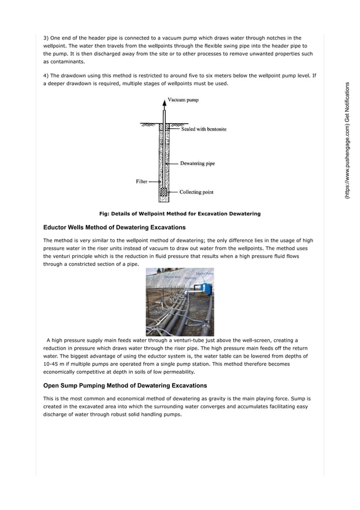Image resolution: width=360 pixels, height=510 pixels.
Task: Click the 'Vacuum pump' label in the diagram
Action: click(x=183, y=100)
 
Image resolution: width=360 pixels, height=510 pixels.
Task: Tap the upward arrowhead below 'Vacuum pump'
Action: click(x=165, y=102)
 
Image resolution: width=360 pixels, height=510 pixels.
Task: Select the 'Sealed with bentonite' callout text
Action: click(x=204, y=129)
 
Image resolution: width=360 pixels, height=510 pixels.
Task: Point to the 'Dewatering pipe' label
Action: click(x=197, y=164)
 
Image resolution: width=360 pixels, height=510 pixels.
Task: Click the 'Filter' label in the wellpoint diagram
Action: click(x=142, y=181)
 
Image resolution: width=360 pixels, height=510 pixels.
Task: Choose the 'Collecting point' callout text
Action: click(x=196, y=192)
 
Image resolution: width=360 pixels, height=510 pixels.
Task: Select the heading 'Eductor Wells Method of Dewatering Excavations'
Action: click(x=115, y=228)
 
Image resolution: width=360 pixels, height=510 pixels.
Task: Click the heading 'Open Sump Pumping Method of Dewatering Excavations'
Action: click(x=125, y=386)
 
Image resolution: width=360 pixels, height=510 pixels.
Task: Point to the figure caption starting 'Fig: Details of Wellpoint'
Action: click(x=179, y=213)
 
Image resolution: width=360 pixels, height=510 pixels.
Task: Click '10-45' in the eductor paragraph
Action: click(x=52, y=364)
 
